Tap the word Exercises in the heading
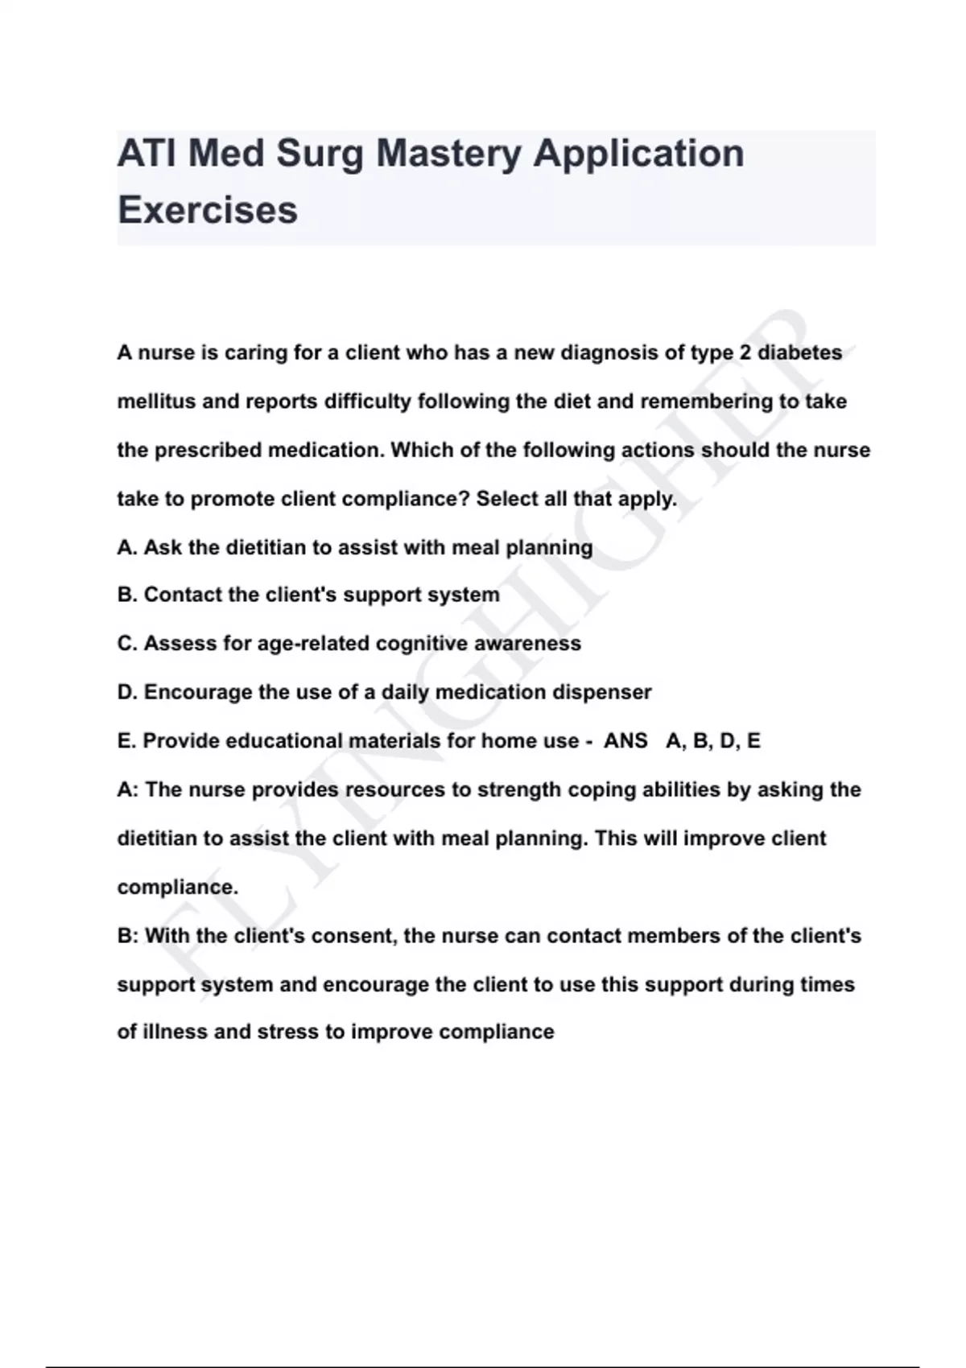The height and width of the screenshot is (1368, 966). pos(208,210)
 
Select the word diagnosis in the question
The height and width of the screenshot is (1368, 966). pos(609,352)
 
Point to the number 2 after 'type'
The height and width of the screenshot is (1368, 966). pos(745,352)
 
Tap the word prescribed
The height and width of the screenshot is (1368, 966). pos(208,450)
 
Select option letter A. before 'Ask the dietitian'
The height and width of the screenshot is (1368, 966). pos(127,548)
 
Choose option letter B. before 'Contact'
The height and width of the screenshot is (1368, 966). pos(127,595)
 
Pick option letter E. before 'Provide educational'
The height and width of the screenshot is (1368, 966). pos(126,741)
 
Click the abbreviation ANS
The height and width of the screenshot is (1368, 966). pos(625,741)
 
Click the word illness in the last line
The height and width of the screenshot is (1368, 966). pos(174,1032)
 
